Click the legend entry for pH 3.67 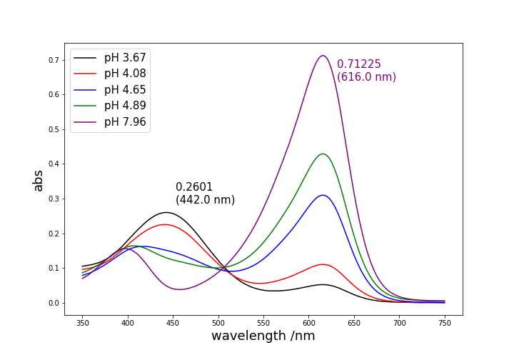125,58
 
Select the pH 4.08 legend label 125,74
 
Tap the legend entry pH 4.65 125,90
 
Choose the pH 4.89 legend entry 125,106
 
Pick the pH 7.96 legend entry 125,122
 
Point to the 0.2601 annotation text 194,187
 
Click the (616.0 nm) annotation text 366,77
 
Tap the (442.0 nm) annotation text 205,200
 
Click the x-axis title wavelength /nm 263,336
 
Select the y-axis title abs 39,180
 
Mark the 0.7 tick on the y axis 54,60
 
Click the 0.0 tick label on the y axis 54,303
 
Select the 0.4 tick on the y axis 54,164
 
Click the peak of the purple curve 323,56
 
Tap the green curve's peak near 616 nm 323,154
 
